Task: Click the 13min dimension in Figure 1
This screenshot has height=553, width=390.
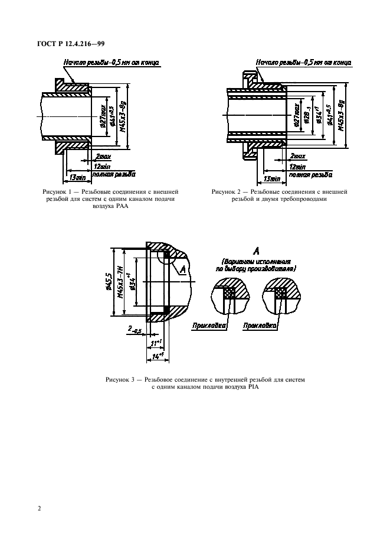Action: click(x=76, y=177)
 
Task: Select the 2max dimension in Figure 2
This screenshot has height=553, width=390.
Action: click(x=299, y=156)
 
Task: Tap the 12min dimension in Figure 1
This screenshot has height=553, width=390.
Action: click(x=103, y=166)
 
